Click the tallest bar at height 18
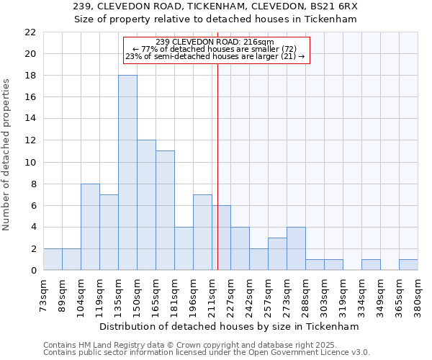pyautogui.click(x=127, y=173)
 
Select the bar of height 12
pyautogui.click(x=146, y=205)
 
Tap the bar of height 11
pyautogui.click(x=165, y=210)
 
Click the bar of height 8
pyautogui.click(x=90, y=227)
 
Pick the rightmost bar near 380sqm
pyautogui.click(x=408, y=265)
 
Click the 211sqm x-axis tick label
pyautogui.click(x=212, y=294)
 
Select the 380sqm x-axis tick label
pyautogui.click(x=418, y=294)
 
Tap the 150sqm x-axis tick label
pyautogui.click(x=137, y=294)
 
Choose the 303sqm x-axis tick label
pyautogui.click(x=324, y=294)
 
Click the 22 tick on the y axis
pyautogui.click(x=30, y=32)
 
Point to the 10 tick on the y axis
pyautogui.click(x=30, y=162)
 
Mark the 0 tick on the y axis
pyautogui.click(x=33, y=271)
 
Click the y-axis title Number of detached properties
pyautogui.click(x=7, y=155)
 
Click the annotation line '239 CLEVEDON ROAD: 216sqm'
pyautogui.click(x=215, y=42)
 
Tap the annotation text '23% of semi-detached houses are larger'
pyautogui.click(x=215, y=56)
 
